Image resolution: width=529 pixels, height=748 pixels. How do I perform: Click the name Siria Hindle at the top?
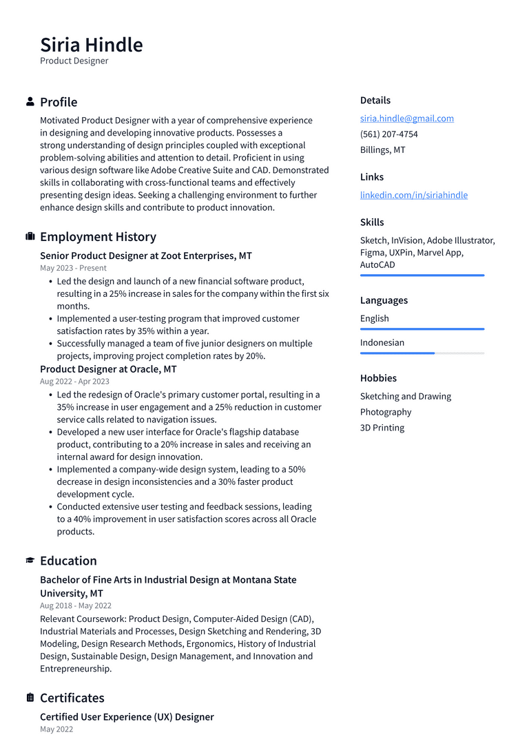pyautogui.click(x=92, y=45)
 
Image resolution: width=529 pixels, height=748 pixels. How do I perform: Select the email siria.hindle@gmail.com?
pyautogui.click(x=406, y=118)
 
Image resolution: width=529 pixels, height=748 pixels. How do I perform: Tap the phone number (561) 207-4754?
pyautogui.click(x=388, y=134)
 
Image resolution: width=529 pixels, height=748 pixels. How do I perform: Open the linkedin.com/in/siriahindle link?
pyautogui.click(x=413, y=195)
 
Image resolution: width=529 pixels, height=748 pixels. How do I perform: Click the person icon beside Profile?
pyautogui.click(x=30, y=102)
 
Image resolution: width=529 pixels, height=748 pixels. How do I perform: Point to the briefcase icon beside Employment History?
pyautogui.click(x=30, y=237)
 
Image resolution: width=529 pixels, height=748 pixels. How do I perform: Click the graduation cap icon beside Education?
pyautogui.click(x=30, y=561)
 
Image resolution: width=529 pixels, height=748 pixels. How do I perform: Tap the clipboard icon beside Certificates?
pyautogui.click(x=30, y=698)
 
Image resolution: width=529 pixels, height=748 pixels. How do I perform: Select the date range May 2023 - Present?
pyautogui.click(x=73, y=268)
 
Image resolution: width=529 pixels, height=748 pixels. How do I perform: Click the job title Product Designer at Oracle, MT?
pyautogui.click(x=108, y=369)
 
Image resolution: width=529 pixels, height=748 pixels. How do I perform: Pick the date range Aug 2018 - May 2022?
pyautogui.click(x=75, y=606)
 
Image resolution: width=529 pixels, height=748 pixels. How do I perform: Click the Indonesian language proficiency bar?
pyautogui.click(x=422, y=353)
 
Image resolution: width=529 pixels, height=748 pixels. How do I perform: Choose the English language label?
pyautogui.click(x=374, y=319)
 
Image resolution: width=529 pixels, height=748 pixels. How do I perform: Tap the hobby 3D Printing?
pyautogui.click(x=382, y=428)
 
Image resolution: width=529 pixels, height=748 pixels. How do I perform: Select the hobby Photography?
pyautogui.click(x=385, y=412)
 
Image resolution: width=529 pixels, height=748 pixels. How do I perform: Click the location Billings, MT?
pyautogui.click(x=382, y=150)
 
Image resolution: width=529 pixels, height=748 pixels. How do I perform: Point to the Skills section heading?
pyautogui.click(x=372, y=222)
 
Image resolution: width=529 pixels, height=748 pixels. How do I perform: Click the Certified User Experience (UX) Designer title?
pyautogui.click(x=127, y=717)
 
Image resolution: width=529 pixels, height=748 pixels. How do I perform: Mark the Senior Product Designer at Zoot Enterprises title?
pyautogui.click(x=145, y=256)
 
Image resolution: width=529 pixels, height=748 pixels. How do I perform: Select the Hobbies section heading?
pyautogui.click(x=378, y=378)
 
